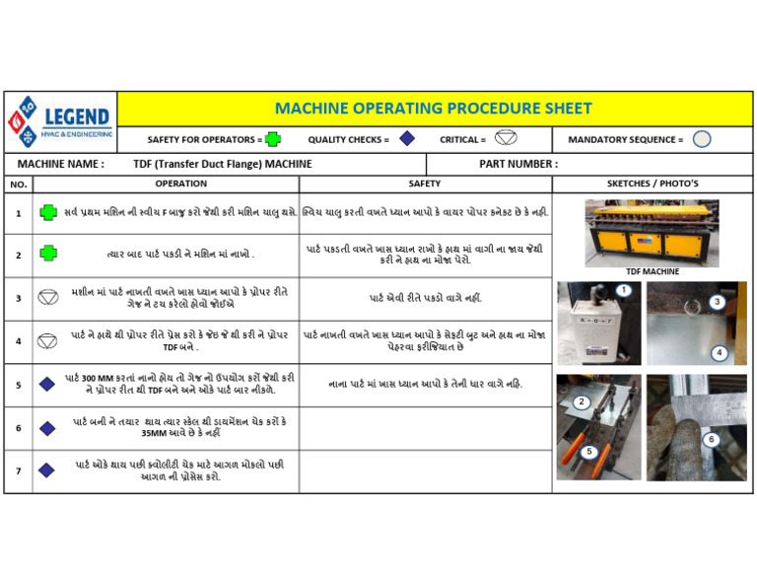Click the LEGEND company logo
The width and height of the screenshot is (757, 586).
pyautogui.click(x=60, y=121)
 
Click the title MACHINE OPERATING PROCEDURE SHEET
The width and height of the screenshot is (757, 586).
pyautogui.click(x=433, y=109)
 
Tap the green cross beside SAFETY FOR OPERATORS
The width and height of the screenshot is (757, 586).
pyautogui.click(x=273, y=139)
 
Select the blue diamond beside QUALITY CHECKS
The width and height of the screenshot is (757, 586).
pyautogui.click(x=406, y=139)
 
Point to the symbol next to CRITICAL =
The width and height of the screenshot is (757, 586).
pyautogui.click(x=505, y=138)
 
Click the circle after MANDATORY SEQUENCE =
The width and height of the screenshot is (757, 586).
pyautogui.click(x=701, y=139)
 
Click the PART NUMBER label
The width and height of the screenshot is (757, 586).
pyautogui.click(x=517, y=164)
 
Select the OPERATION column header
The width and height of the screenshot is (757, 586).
pyautogui.click(x=180, y=183)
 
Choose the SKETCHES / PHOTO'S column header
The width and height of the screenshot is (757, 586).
pyautogui.click(x=653, y=183)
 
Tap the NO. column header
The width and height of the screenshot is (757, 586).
pyautogui.click(x=18, y=184)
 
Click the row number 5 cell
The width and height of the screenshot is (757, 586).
pyautogui.click(x=18, y=385)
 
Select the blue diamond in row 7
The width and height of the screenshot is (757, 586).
pyautogui.click(x=47, y=471)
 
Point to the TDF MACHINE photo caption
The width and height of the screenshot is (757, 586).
pyautogui.click(x=652, y=271)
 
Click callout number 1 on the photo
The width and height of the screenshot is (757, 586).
pyautogui.click(x=624, y=290)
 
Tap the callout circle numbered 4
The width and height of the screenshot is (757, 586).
pyautogui.click(x=720, y=352)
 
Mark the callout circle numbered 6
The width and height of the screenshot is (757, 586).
pyautogui.click(x=711, y=439)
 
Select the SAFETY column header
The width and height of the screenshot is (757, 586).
pyautogui.click(x=425, y=183)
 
